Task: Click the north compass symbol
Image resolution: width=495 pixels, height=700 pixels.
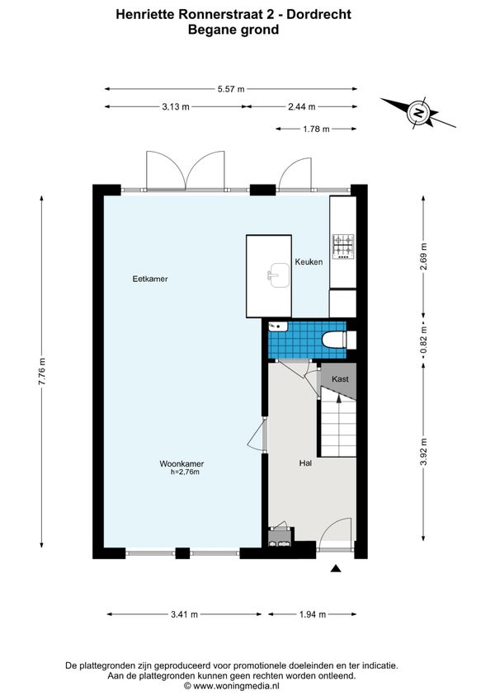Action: (418, 111)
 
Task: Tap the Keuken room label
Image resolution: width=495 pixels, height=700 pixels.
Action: (309, 262)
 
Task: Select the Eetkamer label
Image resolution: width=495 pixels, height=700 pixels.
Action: (150, 279)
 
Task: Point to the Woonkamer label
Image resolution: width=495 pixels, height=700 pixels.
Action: (181, 464)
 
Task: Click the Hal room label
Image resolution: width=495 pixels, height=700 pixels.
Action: (305, 463)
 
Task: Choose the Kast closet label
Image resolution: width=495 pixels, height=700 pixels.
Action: (340, 379)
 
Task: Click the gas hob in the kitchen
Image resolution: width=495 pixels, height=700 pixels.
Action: (343, 247)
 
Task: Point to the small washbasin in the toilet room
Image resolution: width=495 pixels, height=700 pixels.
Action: (277, 327)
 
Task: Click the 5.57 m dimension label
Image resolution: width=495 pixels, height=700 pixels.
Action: (231, 89)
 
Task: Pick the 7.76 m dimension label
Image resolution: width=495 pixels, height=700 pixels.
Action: (41, 371)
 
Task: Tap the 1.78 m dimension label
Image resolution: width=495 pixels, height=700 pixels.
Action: (316, 129)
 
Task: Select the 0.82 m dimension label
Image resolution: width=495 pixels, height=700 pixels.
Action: (423, 341)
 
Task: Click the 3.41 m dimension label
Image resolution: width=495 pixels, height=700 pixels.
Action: (184, 614)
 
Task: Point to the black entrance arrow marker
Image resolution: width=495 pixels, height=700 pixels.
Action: (336, 568)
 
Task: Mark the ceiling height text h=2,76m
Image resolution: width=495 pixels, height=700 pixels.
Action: (185, 472)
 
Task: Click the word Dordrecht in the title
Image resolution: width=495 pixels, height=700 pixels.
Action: (318, 14)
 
